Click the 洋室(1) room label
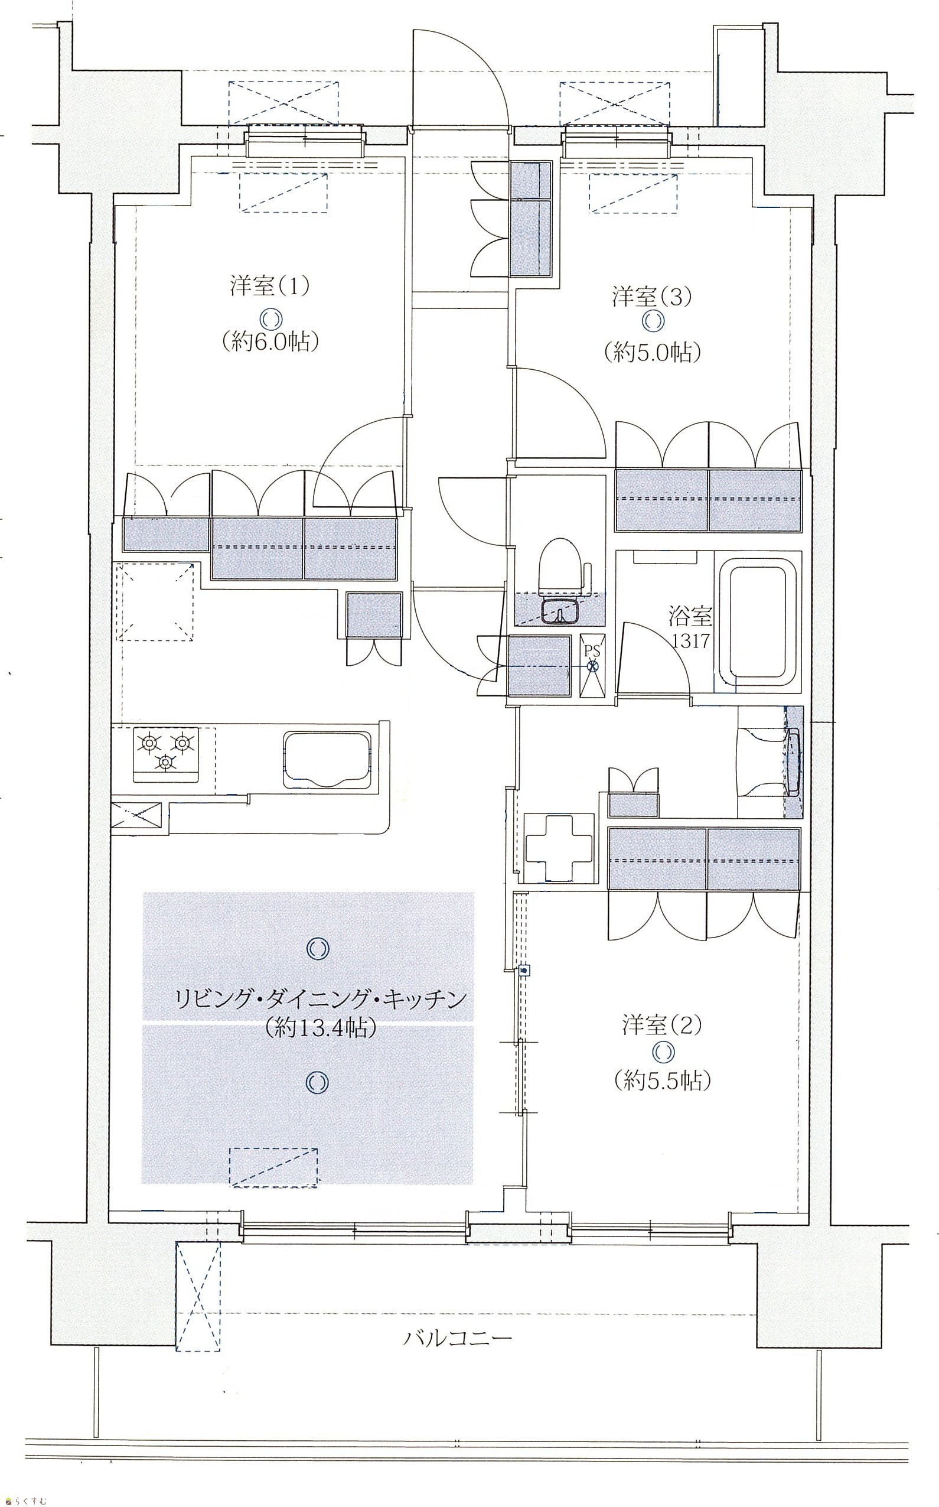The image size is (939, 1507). point(269,288)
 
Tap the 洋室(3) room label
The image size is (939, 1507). point(651,297)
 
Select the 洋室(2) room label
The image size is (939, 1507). point(662,1026)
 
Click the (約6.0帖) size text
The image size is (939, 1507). point(270,342)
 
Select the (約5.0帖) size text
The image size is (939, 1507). point(652,352)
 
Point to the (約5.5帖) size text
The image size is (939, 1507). point(663,1082)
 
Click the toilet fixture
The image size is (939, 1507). point(561,565)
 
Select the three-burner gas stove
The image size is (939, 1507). point(166,751)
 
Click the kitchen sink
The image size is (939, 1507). point(328,760)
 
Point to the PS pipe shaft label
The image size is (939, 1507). point(592,652)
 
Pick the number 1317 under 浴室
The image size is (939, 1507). point(690,641)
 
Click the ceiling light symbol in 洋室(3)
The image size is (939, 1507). point(654,321)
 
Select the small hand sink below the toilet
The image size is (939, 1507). point(561,611)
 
